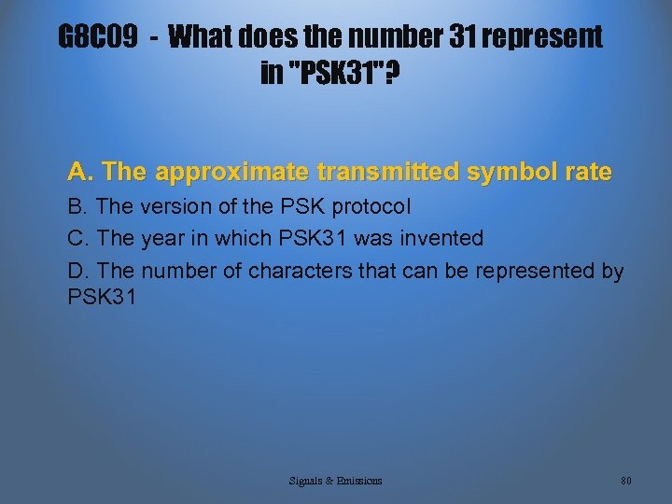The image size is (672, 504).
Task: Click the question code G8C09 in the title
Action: pyautogui.click(x=98, y=37)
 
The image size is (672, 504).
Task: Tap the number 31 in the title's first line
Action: pyautogui.click(x=425, y=37)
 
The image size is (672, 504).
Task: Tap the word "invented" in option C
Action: pyautogui.click(x=442, y=238)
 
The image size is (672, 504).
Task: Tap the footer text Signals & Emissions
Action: pyautogui.click(x=335, y=481)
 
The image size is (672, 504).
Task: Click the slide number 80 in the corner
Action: pyautogui.click(x=625, y=481)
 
